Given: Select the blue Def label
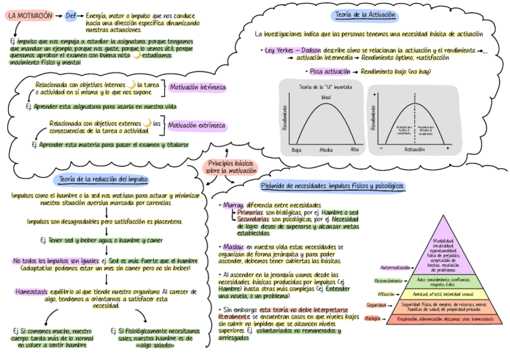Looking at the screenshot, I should point(71,16).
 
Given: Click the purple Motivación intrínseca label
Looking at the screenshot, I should point(198,88).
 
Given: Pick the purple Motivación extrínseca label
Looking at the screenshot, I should point(197,126).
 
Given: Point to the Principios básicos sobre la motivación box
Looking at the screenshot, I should point(231,167).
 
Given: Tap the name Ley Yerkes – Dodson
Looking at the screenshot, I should point(293,50).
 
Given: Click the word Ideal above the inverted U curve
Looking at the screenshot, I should point(325,97).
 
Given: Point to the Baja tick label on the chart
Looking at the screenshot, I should point(296,149).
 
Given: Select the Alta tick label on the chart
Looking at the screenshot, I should point(354,149).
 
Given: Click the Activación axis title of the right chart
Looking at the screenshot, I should point(414,149).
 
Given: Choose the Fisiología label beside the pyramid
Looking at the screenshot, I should point(373,319).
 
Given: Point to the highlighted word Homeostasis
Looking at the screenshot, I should point(32,291).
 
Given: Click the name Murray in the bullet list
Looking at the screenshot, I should point(232,205).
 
